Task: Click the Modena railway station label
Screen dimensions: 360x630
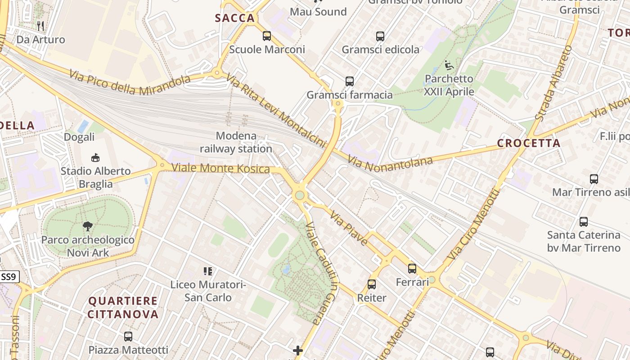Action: click(x=236, y=142)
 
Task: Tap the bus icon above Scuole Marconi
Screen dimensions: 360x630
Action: click(x=267, y=36)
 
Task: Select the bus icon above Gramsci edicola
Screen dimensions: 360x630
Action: click(x=380, y=36)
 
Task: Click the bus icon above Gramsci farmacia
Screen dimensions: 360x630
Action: click(x=350, y=81)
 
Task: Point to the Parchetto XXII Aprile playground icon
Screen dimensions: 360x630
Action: click(x=449, y=65)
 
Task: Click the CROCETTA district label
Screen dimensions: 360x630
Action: click(x=529, y=144)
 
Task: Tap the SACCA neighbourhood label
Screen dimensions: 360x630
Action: click(x=235, y=18)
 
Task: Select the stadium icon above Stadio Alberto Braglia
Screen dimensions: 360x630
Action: click(x=95, y=157)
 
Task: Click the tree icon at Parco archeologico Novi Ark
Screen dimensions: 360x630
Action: click(x=88, y=226)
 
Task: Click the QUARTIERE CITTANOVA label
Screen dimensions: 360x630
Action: click(x=123, y=307)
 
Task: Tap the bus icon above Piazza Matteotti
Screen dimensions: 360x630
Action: click(x=128, y=336)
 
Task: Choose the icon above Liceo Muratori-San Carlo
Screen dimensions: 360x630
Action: click(x=207, y=271)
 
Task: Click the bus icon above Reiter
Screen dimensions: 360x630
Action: click(x=372, y=284)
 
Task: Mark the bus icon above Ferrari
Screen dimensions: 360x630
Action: click(x=412, y=269)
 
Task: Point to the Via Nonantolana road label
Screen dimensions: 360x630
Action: click(x=390, y=163)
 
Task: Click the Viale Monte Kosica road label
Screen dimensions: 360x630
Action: click(x=221, y=168)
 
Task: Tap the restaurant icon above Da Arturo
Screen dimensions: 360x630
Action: click(x=40, y=26)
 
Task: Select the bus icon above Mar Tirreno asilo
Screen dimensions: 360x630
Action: click(x=594, y=179)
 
